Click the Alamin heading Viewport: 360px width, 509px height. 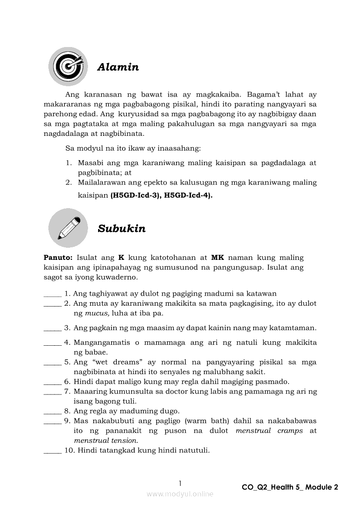pyautogui.click(x=118, y=67)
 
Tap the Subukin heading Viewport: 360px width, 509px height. pyautogui.click(x=122, y=229)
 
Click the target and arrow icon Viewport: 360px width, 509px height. pyautogui.click(x=68, y=66)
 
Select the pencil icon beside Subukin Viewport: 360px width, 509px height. pyautogui.click(x=68, y=228)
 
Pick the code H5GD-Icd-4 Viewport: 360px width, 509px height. pyautogui.click(x=188, y=196)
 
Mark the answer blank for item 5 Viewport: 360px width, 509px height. pyautogui.click(x=53, y=363)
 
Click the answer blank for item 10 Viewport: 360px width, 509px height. pyautogui.click(x=53, y=451)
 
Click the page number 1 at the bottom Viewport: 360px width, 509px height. pyautogui.click(x=180, y=483)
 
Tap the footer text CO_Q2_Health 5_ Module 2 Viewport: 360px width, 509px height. pyautogui.click(x=290, y=487)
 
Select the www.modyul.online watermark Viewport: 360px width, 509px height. pyautogui.click(x=180, y=494)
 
